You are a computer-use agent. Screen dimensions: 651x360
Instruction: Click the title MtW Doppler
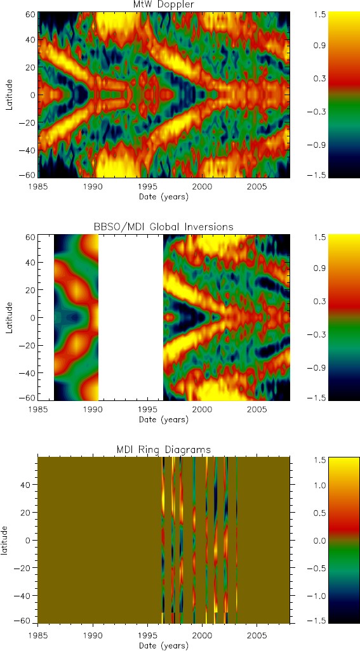[164, 5]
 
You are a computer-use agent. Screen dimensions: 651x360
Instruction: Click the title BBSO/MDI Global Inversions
[164, 227]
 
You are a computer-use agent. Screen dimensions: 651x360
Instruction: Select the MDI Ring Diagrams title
[164, 449]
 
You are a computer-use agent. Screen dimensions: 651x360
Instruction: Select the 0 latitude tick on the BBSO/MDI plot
[30, 317]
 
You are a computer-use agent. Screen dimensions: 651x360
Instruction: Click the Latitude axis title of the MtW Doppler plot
[10, 95]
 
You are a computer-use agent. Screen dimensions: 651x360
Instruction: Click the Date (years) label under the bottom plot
[164, 645]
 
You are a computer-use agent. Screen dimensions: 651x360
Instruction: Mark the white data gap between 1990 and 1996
[131, 317]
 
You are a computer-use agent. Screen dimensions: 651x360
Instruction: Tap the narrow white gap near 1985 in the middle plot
[46, 317]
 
